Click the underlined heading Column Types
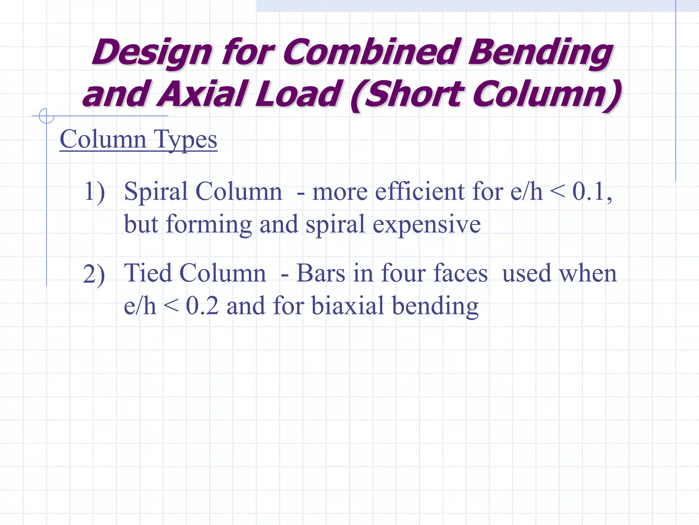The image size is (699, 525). (138, 139)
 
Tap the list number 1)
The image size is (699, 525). (94, 191)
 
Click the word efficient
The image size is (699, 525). (419, 191)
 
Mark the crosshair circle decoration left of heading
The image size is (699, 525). (46, 116)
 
